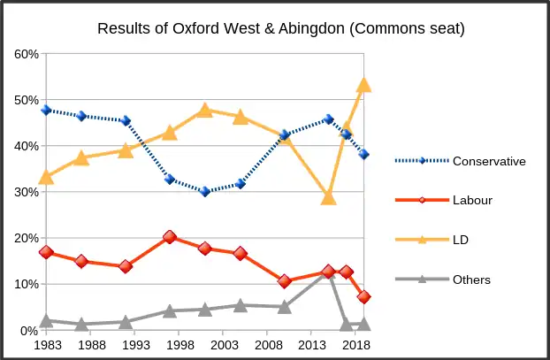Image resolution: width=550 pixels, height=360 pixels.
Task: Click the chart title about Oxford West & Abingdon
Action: pyautogui.click(x=280, y=29)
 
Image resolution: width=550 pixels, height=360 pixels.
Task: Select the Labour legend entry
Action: pyautogui.click(x=472, y=200)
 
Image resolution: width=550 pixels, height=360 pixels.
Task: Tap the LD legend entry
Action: pyautogui.click(x=461, y=240)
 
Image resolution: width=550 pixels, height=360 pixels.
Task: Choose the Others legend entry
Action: pyautogui.click(x=470, y=280)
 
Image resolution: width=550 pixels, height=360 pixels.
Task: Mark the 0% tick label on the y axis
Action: pyautogui.click(x=28, y=331)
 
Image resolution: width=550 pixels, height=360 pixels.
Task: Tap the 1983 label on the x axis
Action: pyautogui.click(x=48, y=345)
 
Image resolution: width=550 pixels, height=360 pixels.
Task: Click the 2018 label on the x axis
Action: pyautogui.click(x=355, y=345)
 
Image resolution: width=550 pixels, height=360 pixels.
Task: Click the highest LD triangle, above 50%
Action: pyautogui.click(x=363, y=86)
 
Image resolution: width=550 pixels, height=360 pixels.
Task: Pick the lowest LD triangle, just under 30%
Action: pyautogui.click(x=328, y=197)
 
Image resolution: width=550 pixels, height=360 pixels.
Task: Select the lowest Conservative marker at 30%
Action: pyautogui.click(x=205, y=191)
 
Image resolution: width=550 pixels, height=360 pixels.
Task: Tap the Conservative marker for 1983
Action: pyautogui.click(x=46, y=111)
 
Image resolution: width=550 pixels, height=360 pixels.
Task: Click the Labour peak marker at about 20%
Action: pyautogui.click(x=170, y=237)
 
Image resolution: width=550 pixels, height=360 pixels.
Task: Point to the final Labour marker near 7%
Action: pyautogui.click(x=363, y=297)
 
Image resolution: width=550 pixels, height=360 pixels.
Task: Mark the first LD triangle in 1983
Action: pyautogui.click(x=46, y=177)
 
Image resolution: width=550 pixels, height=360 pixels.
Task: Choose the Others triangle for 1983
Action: pyautogui.click(x=46, y=320)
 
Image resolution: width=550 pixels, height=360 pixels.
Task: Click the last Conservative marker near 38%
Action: pyautogui.click(x=363, y=154)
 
